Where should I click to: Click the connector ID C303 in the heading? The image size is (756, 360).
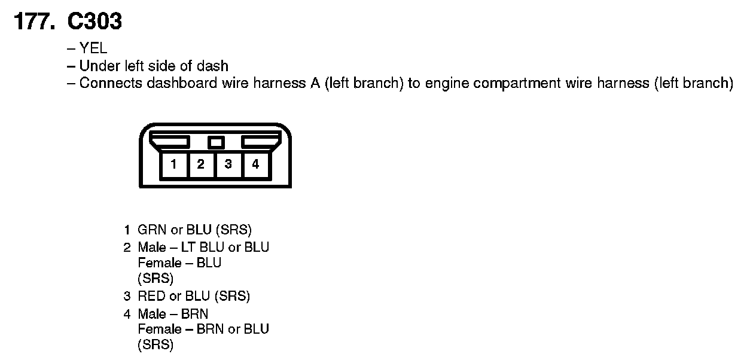(x=94, y=22)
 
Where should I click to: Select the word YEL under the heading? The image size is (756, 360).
(x=93, y=49)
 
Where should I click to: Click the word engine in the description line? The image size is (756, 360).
(x=444, y=83)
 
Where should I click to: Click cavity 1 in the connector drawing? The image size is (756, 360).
(x=173, y=164)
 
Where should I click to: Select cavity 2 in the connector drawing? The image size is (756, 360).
(x=201, y=164)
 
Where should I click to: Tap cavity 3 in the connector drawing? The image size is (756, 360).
(x=228, y=164)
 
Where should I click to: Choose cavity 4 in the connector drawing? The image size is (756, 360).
(x=255, y=164)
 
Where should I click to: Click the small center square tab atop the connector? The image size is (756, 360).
(x=216, y=142)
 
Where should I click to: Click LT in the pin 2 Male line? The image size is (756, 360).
(x=188, y=247)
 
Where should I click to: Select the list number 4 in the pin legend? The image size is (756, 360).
(x=127, y=314)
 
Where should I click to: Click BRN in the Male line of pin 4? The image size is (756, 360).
(x=194, y=314)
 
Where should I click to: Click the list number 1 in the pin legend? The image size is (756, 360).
(x=127, y=230)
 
